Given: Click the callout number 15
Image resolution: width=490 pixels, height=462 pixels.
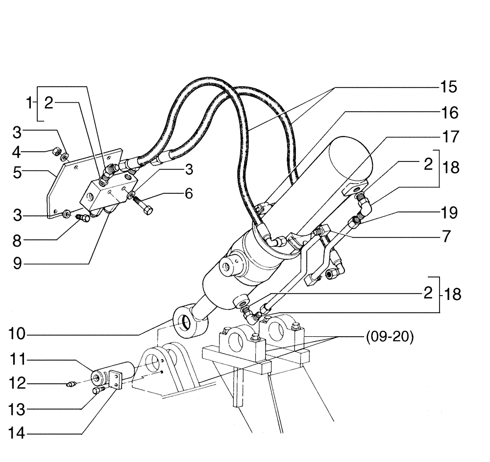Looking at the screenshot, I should (446, 88).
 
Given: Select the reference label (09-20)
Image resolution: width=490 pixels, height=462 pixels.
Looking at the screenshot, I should (390, 338).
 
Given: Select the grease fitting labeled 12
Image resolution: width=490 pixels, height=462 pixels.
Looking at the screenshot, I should (70, 384).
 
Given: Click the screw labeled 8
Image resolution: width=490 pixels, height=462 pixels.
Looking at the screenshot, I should (81, 219).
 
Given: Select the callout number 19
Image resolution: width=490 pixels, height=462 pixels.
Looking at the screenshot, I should (450, 213).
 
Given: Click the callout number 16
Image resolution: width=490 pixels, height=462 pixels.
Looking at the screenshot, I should (446, 113).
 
